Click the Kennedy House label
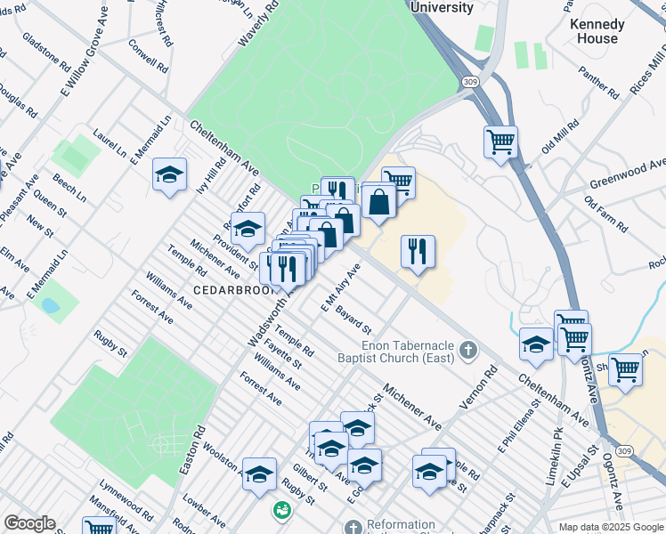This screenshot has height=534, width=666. (x=596, y=31)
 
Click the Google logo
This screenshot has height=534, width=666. (x=29, y=523)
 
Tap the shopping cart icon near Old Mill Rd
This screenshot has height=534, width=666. (x=501, y=142)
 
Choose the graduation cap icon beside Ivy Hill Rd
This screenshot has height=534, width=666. (x=168, y=174)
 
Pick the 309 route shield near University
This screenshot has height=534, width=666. (x=467, y=81)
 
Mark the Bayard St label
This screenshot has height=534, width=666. (x=353, y=322)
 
